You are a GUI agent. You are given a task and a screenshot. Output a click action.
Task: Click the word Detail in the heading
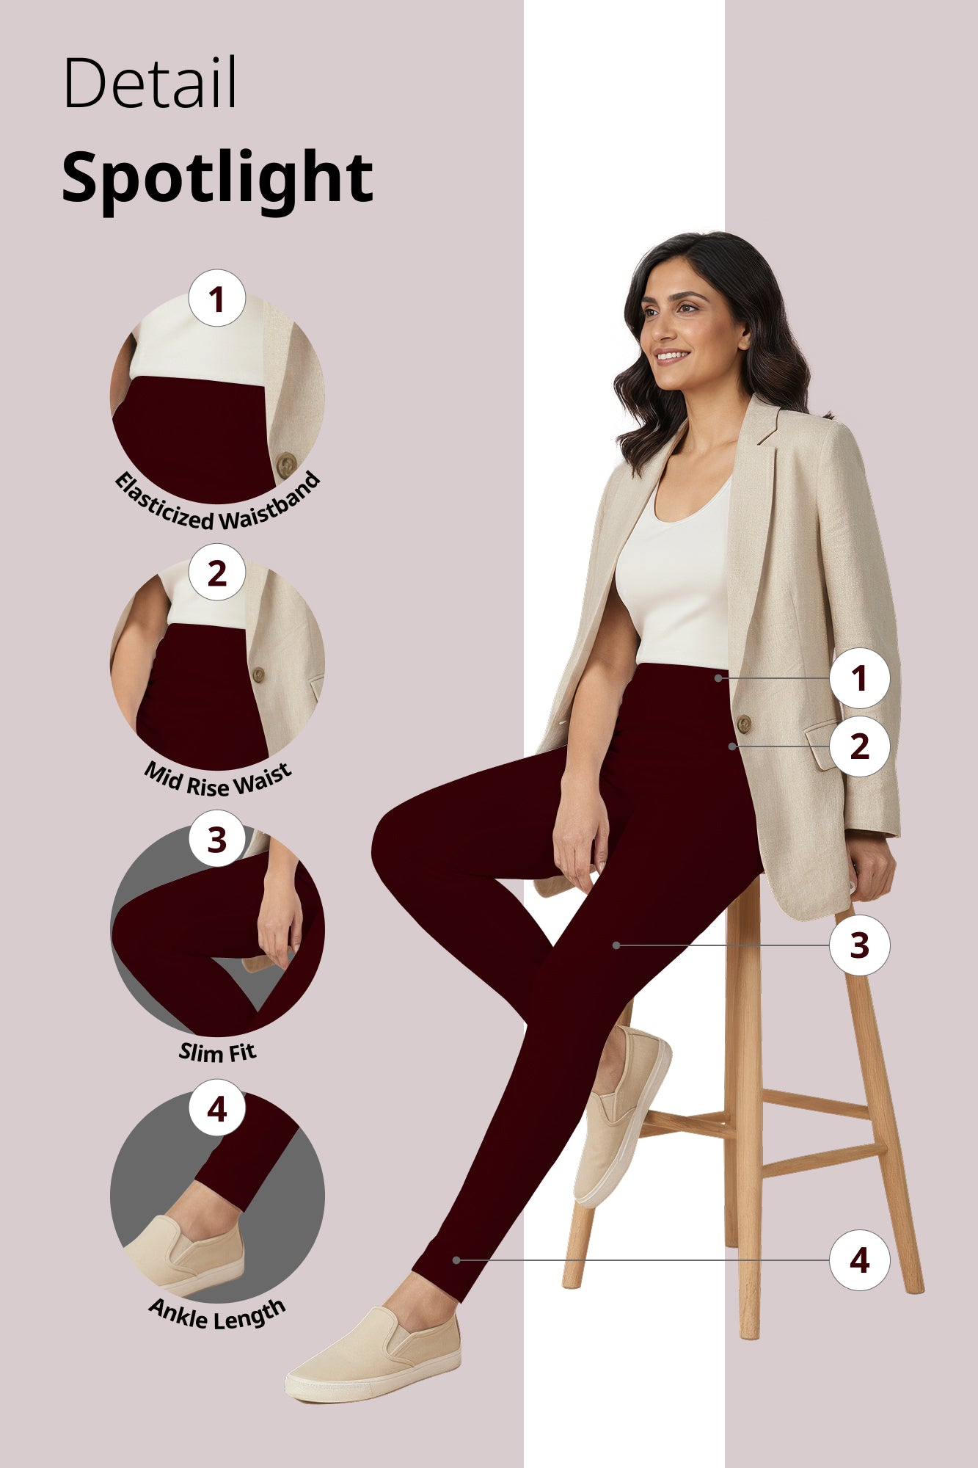[x=150, y=82]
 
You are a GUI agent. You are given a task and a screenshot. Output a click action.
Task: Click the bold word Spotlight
[x=217, y=177]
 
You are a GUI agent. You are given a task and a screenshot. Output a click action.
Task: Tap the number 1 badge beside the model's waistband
[x=859, y=678]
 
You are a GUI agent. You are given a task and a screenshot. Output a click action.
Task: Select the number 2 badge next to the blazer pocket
[x=859, y=746]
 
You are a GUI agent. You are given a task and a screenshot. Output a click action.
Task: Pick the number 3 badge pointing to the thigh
[x=859, y=945]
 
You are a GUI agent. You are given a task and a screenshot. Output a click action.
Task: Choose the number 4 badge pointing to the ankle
[x=859, y=1260]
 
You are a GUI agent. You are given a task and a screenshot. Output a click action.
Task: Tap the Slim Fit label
[x=217, y=1053]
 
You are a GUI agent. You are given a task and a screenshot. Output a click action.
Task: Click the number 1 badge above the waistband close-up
[x=216, y=299]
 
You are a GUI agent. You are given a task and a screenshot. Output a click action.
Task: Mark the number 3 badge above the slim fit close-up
[x=216, y=840]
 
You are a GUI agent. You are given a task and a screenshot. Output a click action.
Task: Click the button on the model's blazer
[x=743, y=724]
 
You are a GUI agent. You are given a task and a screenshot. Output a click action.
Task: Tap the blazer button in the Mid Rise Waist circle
[x=258, y=674]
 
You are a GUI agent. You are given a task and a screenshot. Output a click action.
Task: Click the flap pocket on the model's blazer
[x=822, y=745]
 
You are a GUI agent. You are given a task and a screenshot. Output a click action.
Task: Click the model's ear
[x=744, y=338]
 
